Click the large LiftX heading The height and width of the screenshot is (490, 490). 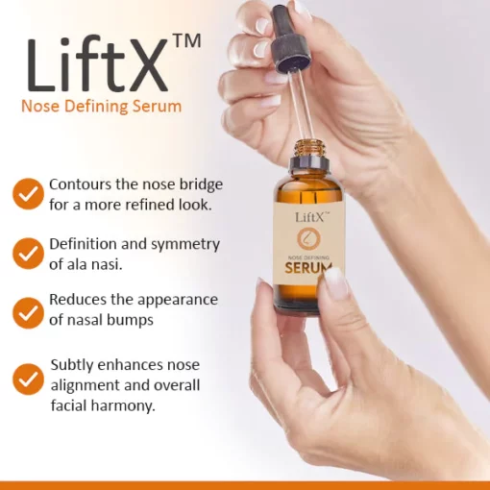click(x=98, y=65)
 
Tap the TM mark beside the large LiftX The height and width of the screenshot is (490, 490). click(x=187, y=40)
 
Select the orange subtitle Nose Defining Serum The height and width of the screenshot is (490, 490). click(x=101, y=106)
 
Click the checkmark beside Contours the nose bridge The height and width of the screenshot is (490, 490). click(x=28, y=194)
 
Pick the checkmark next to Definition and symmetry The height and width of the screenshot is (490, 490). click(x=28, y=254)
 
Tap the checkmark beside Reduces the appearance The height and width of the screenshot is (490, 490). click(x=28, y=313)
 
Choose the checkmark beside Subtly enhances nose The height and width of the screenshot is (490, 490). click(x=28, y=380)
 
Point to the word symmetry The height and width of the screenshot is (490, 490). click(x=185, y=245)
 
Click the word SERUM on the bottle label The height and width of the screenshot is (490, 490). click(x=308, y=268)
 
